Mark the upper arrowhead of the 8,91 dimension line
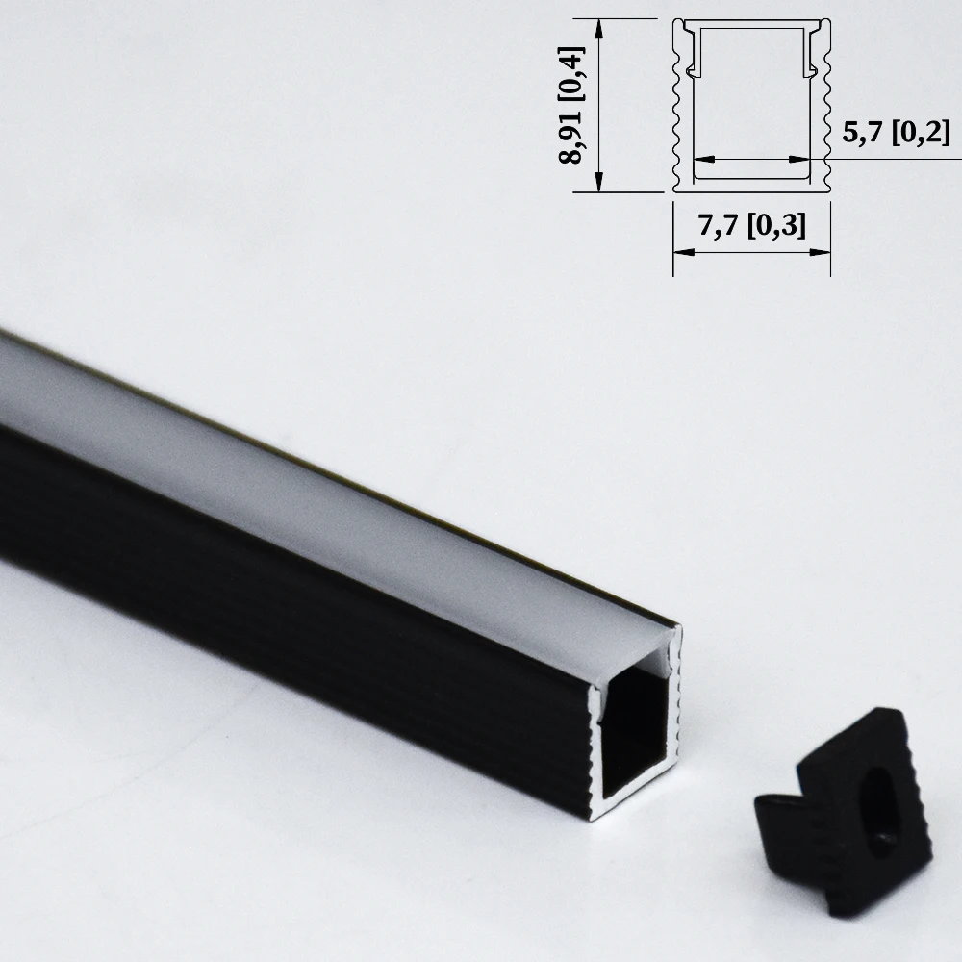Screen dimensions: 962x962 [600, 26]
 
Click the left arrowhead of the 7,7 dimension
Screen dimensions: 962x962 [679, 252]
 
